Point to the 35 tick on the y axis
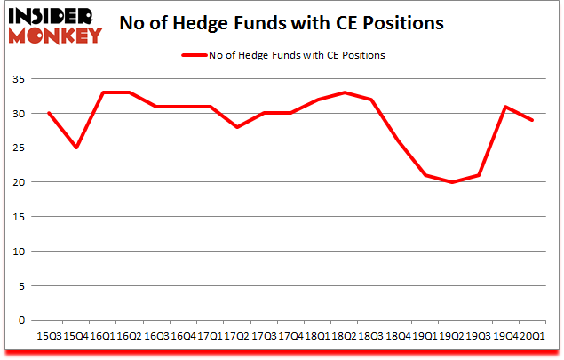click(20, 79)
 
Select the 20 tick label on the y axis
click(20, 182)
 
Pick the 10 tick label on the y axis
click(20, 252)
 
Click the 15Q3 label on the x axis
click(49, 336)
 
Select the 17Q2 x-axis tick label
click(235, 336)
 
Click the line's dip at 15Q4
click(76, 148)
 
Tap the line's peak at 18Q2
click(346, 92)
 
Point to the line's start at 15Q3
click(49, 113)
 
